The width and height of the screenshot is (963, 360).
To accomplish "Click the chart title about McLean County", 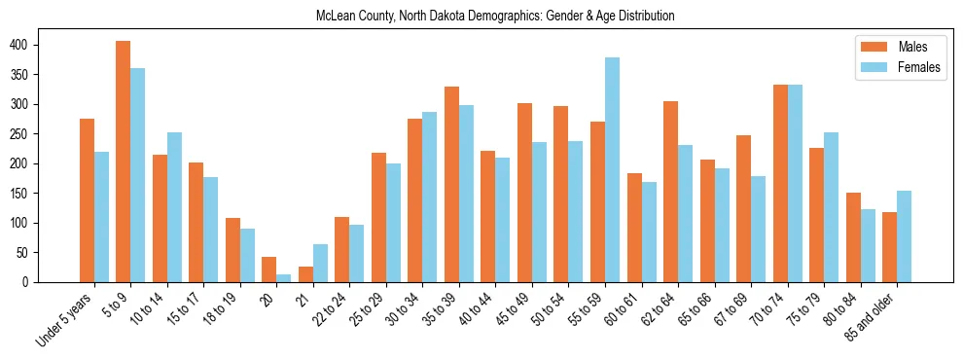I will pos(495,17).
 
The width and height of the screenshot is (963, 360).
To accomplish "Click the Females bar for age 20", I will pos(283,277).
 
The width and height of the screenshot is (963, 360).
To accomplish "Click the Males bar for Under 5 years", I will pos(87,200).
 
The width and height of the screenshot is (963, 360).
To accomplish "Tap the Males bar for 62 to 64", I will pos(670,192).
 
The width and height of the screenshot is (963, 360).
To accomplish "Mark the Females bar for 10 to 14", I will pos(174,207).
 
